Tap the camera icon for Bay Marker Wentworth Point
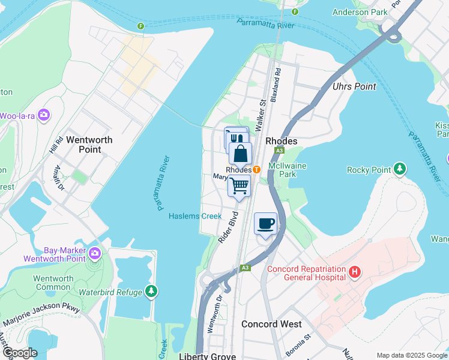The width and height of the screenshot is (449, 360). tap(94, 254)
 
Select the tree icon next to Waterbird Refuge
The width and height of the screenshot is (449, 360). tap(152, 292)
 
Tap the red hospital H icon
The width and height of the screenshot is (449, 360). tap(355, 273)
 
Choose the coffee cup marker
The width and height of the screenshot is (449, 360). tap(265, 224)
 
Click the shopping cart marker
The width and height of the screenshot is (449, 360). tap(238, 187)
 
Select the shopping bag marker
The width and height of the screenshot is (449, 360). tap(240, 154)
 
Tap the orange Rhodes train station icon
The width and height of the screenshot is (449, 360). tap(256, 170)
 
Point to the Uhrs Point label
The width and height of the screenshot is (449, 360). tap(354, 86)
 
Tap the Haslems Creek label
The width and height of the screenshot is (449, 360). tap(194, 216)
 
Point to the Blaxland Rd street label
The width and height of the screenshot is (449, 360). tap(277, 79)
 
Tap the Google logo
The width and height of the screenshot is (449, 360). tap(20, 353)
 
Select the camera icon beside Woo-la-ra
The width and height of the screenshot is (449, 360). tap(43, 115)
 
